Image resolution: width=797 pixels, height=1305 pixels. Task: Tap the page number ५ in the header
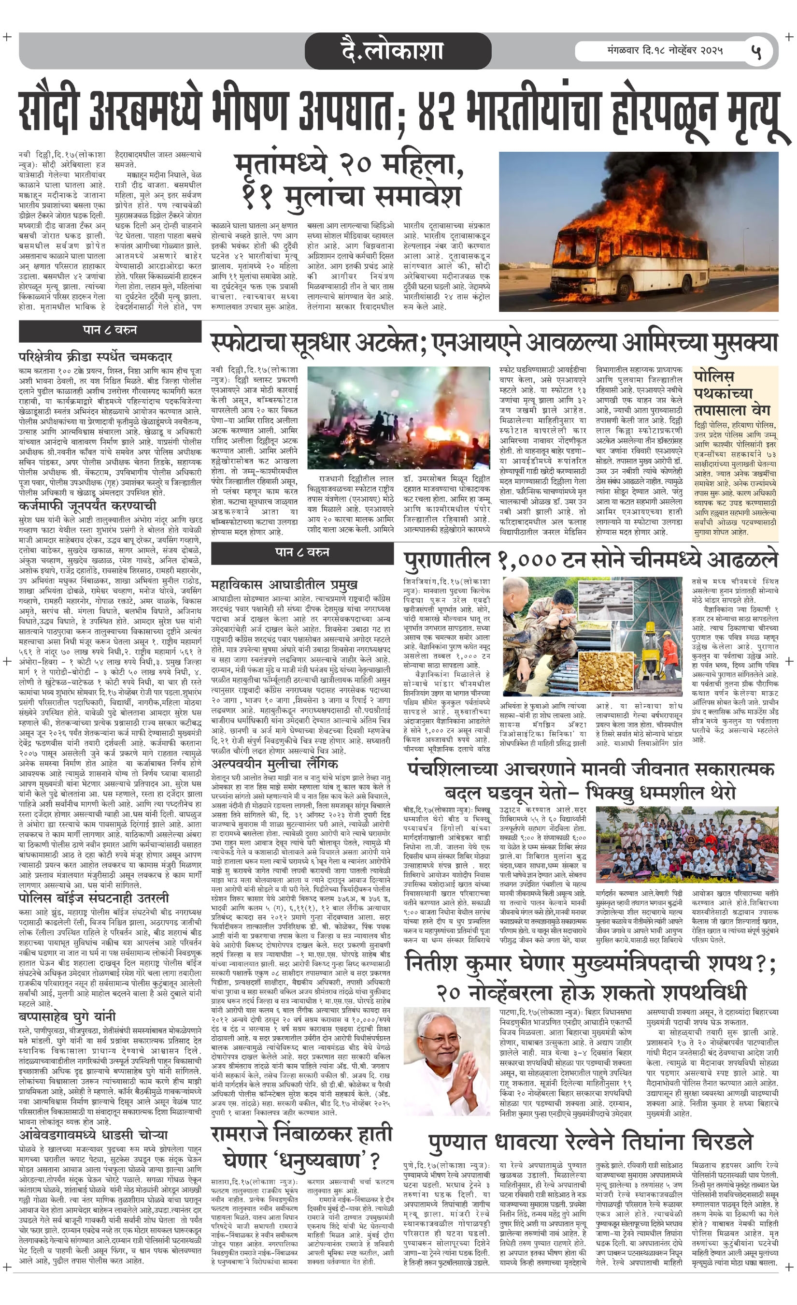756,51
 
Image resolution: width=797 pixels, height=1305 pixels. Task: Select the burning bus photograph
638,232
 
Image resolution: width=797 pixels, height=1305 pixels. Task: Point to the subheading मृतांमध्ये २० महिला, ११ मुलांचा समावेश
349,181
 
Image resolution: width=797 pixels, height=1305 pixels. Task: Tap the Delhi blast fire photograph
398,417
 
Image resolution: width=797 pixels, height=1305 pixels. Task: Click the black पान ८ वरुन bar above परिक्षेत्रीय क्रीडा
110,330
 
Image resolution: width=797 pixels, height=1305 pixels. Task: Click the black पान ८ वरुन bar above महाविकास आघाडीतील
302,552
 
